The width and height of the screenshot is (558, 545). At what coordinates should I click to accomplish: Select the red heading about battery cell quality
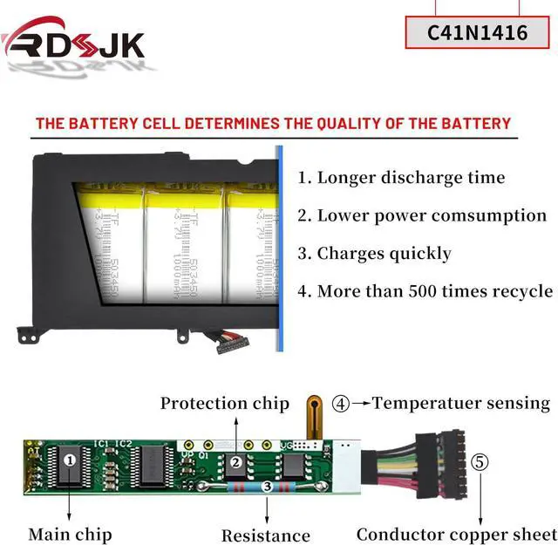[x=273, y=123]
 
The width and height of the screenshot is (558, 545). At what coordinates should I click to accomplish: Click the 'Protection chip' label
[x=224, y=403]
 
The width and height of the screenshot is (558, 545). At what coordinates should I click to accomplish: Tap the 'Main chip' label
[x=70, y=533]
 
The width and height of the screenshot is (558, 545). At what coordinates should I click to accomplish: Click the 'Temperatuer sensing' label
[x=461, y=403]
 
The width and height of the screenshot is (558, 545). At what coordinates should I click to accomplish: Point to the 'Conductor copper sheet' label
[x=456, y=534]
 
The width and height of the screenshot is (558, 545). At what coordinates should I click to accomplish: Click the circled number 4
[x=341, y=404]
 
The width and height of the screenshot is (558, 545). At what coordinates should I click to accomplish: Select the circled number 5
[x=480, y=460]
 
